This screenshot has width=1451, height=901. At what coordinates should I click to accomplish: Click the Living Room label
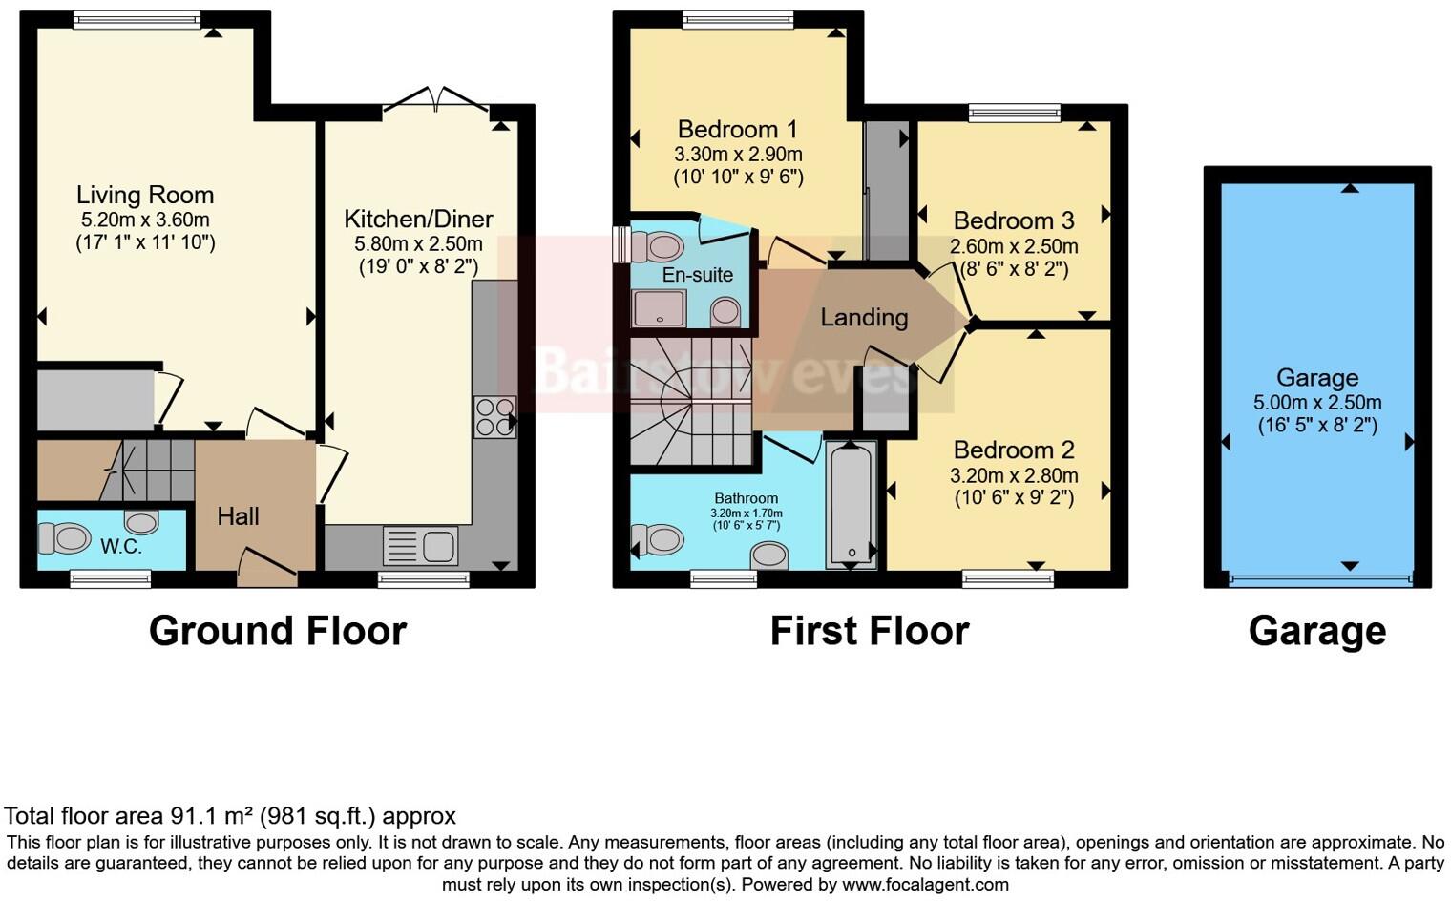pos(145,196)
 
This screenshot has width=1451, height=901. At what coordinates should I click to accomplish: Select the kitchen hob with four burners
pos(494,417)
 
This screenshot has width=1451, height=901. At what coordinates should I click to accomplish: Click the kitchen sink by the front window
pos(420,546)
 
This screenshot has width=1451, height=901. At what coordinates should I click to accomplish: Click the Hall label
pos(238,516)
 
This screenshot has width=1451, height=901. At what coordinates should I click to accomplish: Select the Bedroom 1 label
pos(737,129)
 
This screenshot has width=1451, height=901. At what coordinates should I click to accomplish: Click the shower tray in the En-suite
pos(658,307)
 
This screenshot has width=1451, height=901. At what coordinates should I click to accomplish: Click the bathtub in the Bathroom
pos(851,504)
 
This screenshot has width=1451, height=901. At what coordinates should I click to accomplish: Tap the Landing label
pos(864,318)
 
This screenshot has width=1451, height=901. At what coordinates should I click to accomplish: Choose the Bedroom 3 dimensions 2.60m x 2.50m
pos(1014,246)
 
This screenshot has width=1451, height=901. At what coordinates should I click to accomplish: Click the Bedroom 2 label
pos(1014,450)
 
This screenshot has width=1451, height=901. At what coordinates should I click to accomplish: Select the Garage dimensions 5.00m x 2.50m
pos(1317,403)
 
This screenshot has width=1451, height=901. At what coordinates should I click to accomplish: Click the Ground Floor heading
pos(278,631)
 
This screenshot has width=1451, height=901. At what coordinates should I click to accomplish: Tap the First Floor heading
pos(870,631)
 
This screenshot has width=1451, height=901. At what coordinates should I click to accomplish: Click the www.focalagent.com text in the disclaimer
pos(925,884)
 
